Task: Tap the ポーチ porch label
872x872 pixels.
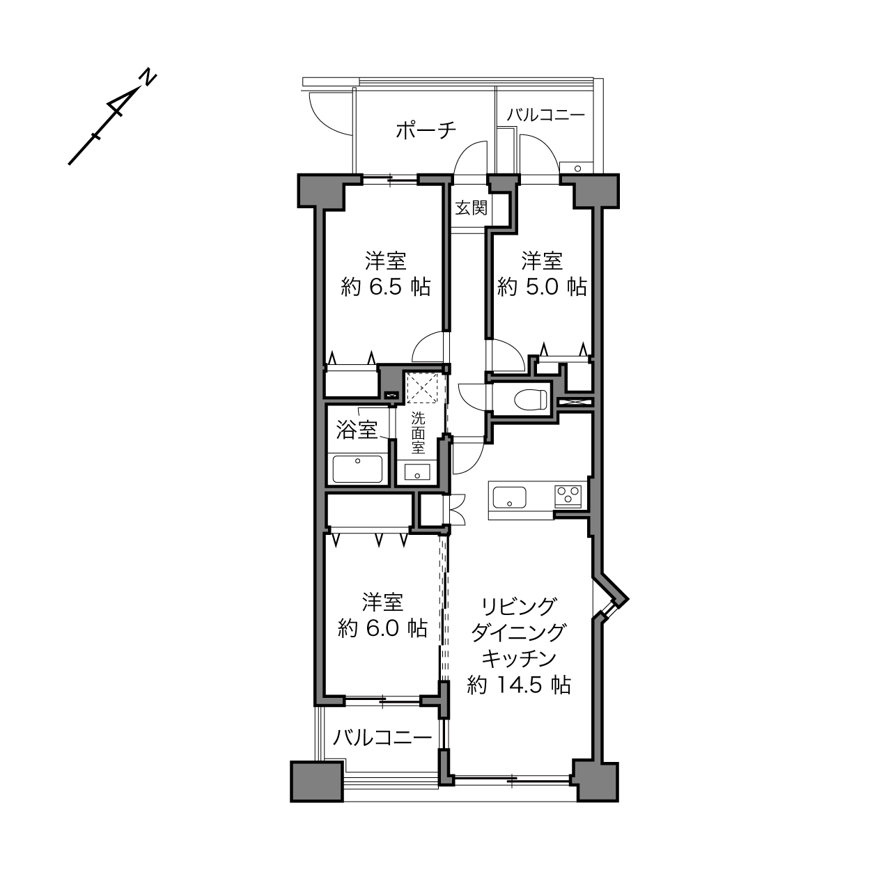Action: tap(426, 130)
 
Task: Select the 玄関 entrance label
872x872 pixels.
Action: tap(471, 208)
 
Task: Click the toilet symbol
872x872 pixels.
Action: tap(531, 399)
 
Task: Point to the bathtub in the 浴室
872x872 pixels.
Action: tap(357, 469)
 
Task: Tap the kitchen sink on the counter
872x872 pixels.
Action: tap(510, 497)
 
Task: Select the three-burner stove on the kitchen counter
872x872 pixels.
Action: tap(568, 496)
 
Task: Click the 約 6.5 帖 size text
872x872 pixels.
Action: tap(386, 287)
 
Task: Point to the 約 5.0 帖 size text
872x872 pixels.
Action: tap(542, 287)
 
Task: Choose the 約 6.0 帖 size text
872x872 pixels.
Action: tap(383, 628)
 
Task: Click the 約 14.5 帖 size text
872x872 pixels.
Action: tap(519, 685)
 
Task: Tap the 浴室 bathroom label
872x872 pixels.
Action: tap(357, 430)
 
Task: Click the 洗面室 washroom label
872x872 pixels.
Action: tap(418, 433)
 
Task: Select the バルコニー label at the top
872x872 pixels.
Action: tap(546, 115)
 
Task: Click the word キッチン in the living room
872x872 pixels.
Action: tap(519, 659)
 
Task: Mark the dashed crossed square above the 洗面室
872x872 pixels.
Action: tap(422, 388)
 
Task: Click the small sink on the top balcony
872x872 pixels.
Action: tap(577, 168)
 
